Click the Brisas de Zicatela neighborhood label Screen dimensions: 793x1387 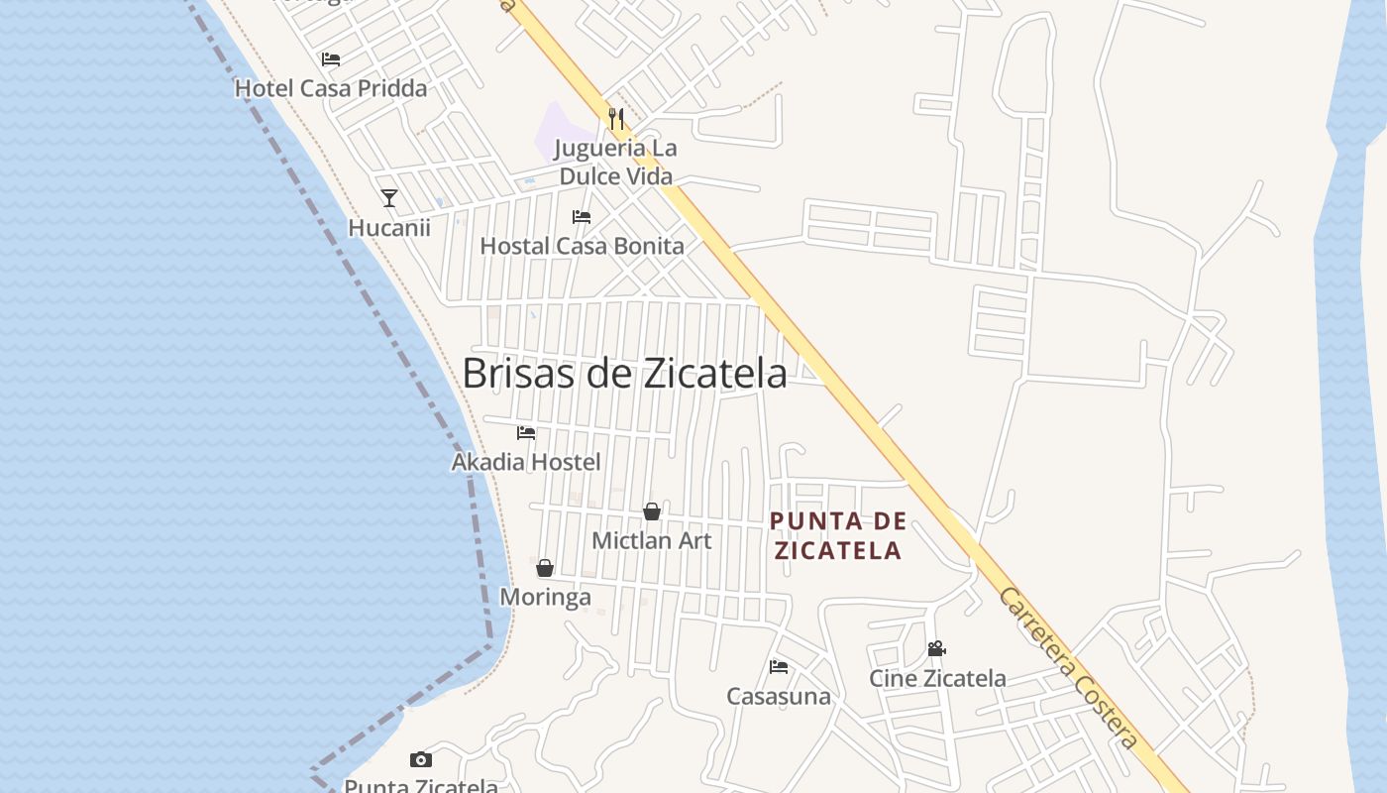point(624,374)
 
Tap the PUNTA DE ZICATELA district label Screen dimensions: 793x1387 point(838,535)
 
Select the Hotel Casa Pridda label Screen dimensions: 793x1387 point(331,88)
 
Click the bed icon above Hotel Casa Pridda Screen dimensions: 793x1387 point(331,59)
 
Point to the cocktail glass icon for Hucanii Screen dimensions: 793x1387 point(389,198)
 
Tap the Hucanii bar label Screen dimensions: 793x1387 point(389,228)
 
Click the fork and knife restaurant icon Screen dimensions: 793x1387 point(616,119)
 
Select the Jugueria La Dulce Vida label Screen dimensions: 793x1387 point(615,163)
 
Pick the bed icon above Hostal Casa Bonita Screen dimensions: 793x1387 point(582,217)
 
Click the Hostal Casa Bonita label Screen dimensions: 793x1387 point(582,246)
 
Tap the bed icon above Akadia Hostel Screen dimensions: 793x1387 point(526,433)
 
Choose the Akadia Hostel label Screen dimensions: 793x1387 point(526,462)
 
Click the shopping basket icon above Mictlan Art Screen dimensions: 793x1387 point(652,511)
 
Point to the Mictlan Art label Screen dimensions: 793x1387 point(652,541)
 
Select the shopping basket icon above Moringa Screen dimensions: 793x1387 point(545,568)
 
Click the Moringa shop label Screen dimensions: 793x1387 point(545,597)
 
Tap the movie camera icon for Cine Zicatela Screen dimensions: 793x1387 point(936,649)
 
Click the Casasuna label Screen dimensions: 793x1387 point(779,696)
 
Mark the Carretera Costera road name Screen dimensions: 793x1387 point(1068,669)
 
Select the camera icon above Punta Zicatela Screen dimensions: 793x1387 point(421,760)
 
